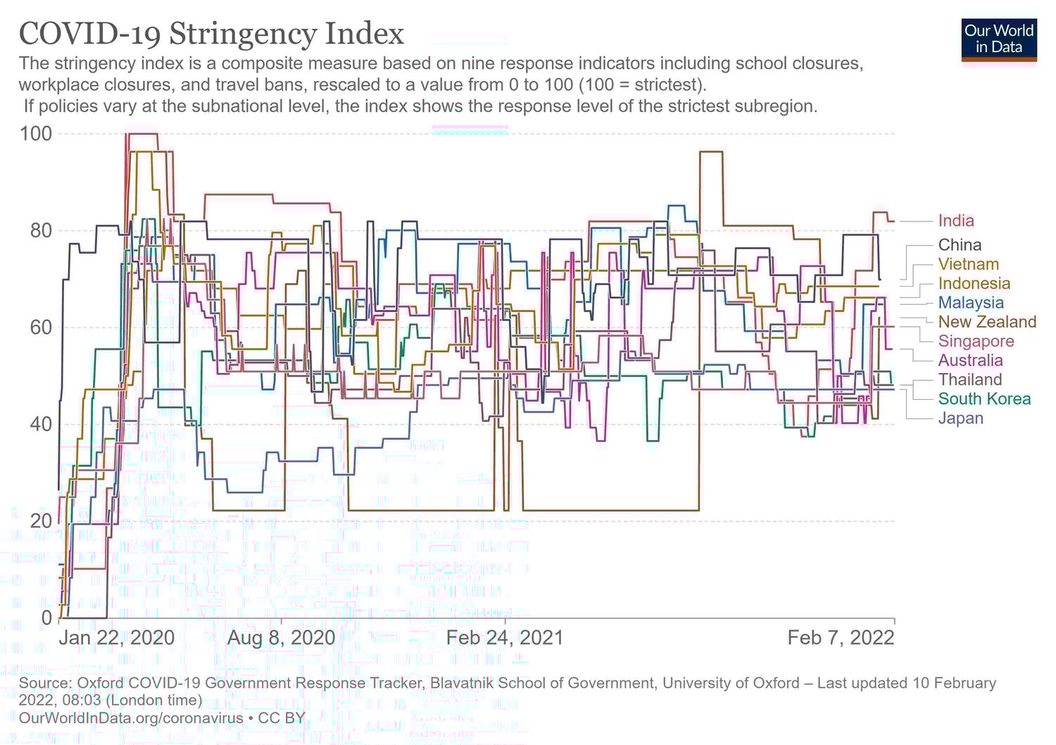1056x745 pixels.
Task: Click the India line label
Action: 955,221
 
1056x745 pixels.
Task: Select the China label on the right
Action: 959,245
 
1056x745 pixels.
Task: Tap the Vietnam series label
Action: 968,265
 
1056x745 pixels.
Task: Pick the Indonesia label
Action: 974,284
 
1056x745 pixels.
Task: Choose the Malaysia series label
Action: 971,303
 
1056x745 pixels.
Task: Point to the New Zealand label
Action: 987,322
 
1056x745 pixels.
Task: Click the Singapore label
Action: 976,342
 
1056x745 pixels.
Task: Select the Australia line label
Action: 970,361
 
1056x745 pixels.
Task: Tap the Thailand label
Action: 969,380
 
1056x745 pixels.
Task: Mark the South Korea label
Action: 983,399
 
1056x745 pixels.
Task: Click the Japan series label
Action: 960,418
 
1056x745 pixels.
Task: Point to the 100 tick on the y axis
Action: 36,134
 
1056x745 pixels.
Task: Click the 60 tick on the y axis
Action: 41,327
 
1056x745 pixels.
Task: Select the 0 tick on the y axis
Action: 46,618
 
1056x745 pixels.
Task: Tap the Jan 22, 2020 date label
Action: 116,638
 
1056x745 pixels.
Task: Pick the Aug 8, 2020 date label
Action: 282,638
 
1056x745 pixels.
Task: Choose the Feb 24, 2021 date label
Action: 505,638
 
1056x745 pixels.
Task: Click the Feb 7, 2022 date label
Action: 841,638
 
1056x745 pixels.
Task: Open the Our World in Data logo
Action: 998,39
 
